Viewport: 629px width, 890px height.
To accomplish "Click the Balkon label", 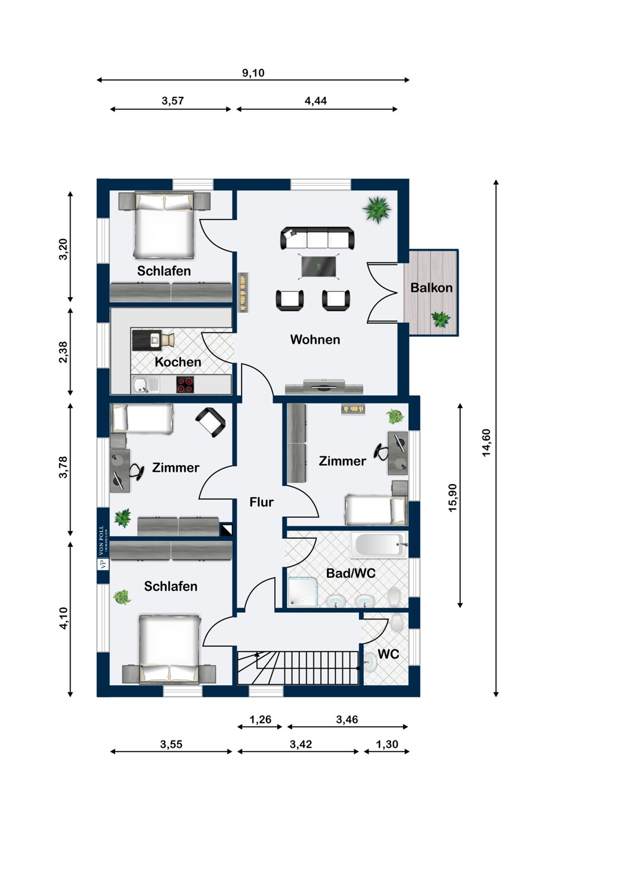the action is coord(431,288).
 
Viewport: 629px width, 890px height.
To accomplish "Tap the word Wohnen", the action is coord(315,339).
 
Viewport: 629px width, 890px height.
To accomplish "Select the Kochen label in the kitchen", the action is coord(177,362).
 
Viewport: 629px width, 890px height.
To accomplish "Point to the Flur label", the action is coord(262,502).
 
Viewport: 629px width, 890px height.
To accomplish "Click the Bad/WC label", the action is coord(351,573).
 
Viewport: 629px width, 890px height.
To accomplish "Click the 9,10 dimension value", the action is coord(253,73).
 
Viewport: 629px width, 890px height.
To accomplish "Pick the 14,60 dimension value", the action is coord(487,443).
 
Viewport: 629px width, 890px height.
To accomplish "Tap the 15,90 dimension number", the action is coord(452,497).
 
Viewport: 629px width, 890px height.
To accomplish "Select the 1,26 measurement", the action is coord(261,719).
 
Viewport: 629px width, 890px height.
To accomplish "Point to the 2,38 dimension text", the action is coord(63,352).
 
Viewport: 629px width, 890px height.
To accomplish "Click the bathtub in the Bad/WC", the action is coord(379,545).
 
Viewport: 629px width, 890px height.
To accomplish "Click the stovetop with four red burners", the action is coord(185,384).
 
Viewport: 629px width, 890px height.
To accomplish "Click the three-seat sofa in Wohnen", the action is coord(317,239).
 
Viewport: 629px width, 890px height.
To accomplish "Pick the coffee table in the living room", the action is coord(319,266).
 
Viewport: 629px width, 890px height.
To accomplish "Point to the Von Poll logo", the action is coord(103,548).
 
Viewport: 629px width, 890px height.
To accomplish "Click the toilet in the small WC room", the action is coord(396,622).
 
